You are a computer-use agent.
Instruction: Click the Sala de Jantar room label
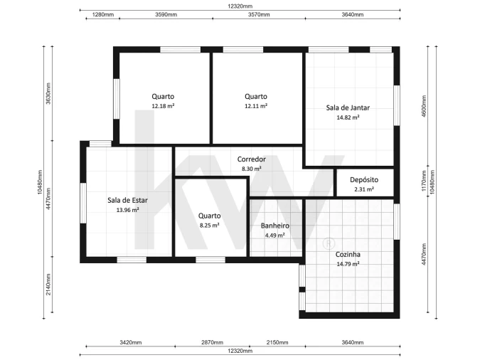[x=348, y=108]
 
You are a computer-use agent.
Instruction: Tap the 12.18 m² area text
[x=163, y=106]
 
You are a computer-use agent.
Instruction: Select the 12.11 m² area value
[x=256, y=106]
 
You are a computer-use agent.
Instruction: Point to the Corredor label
[x=251, y=159]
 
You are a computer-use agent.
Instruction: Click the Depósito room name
[x=364, y=180]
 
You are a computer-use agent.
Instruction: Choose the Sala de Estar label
[x=127, y=201]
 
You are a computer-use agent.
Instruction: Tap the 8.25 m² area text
[x=209, y=226]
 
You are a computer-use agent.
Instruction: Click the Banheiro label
[x=275, y=226]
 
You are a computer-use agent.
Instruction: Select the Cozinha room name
[x=348, y=254]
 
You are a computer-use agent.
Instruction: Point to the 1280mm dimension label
[x=103, y=14]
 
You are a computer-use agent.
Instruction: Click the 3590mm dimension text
[x=166, y=14]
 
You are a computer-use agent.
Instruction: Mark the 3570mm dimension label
[x=259, y=14]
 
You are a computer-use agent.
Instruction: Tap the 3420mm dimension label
[x=131, y=342]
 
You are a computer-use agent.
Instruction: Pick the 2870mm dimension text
[x=212, y=342]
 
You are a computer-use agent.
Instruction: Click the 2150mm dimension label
[x=277, y=342]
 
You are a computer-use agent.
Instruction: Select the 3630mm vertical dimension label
[x=48, y=93]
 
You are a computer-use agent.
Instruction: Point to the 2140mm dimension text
[x=48, y=285]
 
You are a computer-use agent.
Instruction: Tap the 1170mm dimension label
[x=424, y=181]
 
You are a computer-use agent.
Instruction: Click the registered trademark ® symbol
[x=329, y=244]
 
